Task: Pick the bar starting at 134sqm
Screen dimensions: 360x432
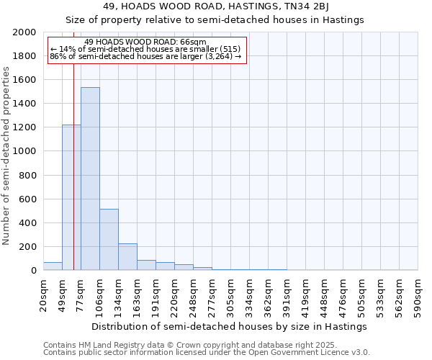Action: pyautogui.click(x=127, y=256)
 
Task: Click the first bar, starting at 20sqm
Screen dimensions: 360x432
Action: pyautogui.click(x=53, y=266)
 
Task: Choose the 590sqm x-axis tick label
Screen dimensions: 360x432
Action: pyautogui.click(x=418, y=294)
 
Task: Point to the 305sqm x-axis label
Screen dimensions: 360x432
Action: pyautogui.click(x=231, y=294)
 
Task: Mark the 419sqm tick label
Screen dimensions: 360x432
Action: pyautogui.click(x=306, y=294)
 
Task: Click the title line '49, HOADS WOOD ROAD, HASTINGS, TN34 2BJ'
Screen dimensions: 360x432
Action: pyautogui.click(x=215, y=6)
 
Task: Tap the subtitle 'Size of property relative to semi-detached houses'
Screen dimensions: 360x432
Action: pyautogui.click(x=215, y=20)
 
